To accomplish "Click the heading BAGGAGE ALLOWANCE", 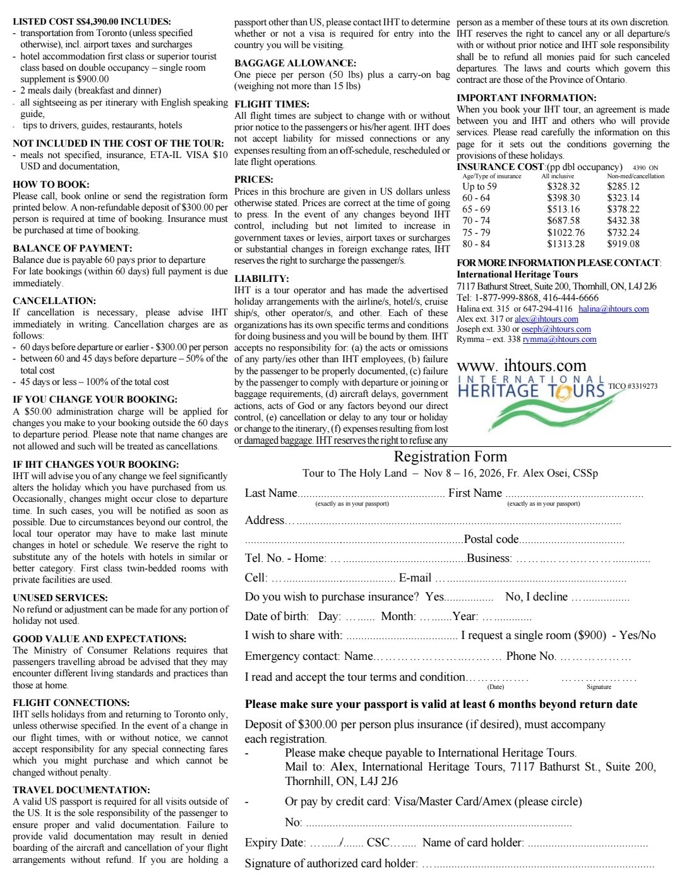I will pos(295,63).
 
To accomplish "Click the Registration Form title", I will pos(450,456).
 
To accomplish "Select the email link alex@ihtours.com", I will pos(538,319).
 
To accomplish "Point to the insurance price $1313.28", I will pos(566,244).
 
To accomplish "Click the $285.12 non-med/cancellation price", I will pos(623,186).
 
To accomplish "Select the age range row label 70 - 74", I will pos(476,221).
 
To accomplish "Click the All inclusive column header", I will pos(558,176).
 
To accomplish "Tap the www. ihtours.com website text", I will pos(521,365).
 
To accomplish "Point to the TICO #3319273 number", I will pos(632,386).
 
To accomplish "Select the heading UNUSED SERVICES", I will pos(60,598).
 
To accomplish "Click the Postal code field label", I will pos(491,539).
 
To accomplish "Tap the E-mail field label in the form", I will pos(415,578).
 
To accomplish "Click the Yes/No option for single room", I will pos(637,635).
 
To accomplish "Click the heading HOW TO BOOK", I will pos(51,185).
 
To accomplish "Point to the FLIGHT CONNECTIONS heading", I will pos(71,703).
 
